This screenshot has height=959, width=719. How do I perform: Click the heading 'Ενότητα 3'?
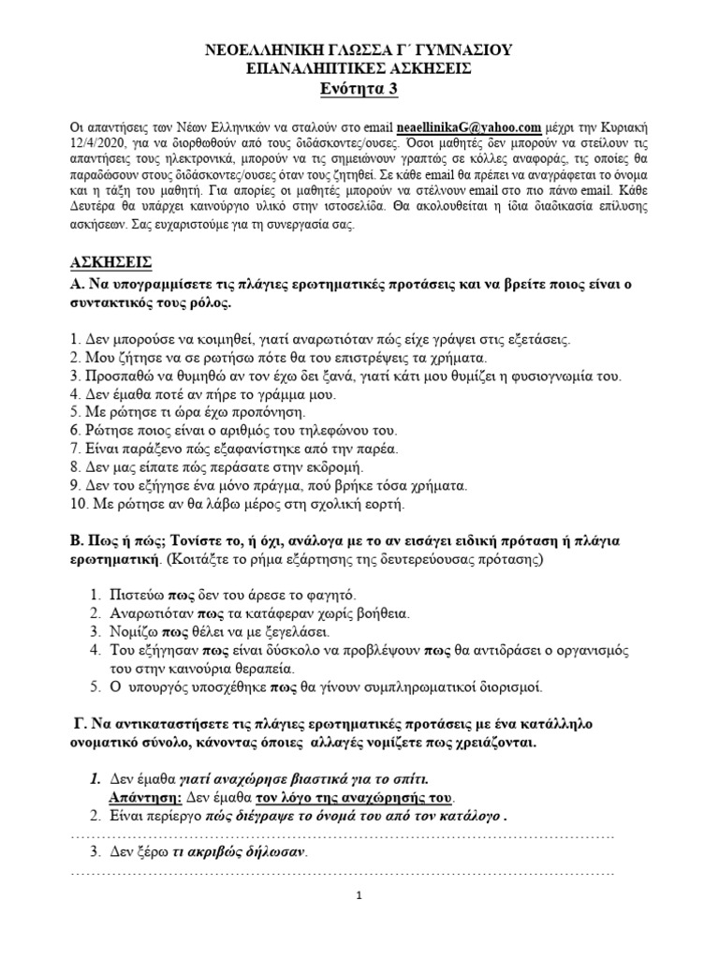coord(359,89)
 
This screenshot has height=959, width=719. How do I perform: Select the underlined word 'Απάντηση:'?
coord(141,797)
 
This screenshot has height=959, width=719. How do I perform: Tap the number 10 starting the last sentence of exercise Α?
coord(78,504)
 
